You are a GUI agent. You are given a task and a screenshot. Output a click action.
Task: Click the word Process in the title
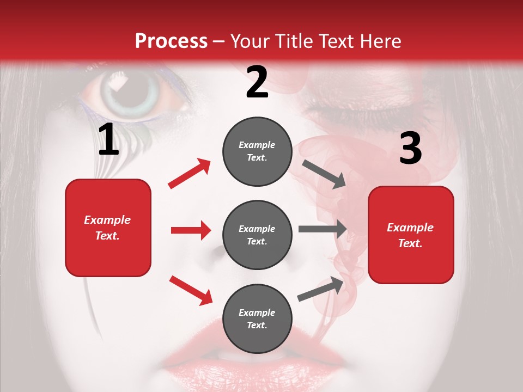(x=171, y=41)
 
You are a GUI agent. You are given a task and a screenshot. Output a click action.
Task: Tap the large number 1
(x=108, y=140)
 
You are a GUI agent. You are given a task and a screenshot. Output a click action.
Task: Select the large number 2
(x=257, y=82)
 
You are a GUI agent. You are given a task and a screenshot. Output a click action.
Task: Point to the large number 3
(x=410, y=149)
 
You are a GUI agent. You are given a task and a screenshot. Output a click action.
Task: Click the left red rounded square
(x=108, y=228)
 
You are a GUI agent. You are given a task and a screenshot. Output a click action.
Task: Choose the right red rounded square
(x=411, y=235)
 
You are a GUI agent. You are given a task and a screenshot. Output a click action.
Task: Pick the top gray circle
(x=257, y=151)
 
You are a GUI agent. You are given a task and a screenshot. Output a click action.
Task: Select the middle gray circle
(x=257, y=235)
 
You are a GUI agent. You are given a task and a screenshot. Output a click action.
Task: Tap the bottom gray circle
(x=257, y=318)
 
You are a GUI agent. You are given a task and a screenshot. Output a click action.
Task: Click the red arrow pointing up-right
(x=190, y=174)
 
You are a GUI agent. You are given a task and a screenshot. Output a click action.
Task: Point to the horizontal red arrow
(x=191, y=230)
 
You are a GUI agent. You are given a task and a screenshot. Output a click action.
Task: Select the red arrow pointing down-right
(x=191, y=290)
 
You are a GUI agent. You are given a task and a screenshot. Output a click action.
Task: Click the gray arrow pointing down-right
(x=324, y=174)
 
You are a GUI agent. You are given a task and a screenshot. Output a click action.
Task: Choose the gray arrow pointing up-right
(x=321, y=289)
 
